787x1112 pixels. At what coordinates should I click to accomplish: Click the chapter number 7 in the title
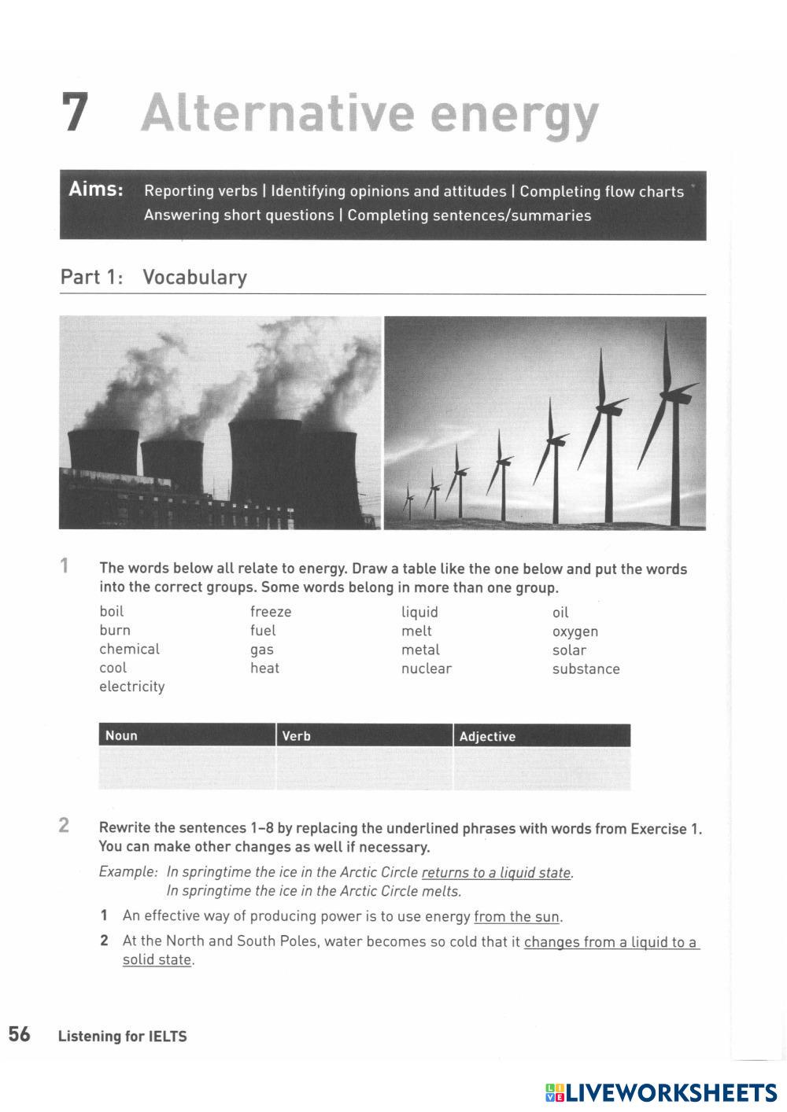point(75,112)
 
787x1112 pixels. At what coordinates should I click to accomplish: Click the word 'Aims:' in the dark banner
point(96,190)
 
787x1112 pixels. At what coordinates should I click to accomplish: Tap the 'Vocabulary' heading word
point(194,277)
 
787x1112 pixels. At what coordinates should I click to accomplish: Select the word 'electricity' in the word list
point(132,687)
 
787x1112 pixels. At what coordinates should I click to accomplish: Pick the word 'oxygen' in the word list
point(575,631)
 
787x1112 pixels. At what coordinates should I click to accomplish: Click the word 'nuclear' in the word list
point(427,668)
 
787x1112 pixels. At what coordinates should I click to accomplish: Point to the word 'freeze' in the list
point(271,612)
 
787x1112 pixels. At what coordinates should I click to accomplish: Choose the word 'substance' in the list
point(586,669)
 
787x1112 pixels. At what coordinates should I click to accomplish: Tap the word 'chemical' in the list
point(129,649)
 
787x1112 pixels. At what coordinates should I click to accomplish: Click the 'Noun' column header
point(121,735)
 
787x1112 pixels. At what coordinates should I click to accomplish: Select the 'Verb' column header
point(296,736)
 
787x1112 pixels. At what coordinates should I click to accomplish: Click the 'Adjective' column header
point(487,736)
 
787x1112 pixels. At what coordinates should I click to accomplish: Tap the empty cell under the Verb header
point(364,768)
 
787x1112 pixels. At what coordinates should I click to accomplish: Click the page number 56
point(20,1034)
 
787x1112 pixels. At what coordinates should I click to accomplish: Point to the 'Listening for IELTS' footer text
point(123,1037)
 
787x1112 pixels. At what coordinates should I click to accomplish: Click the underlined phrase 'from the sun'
point(517,916)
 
